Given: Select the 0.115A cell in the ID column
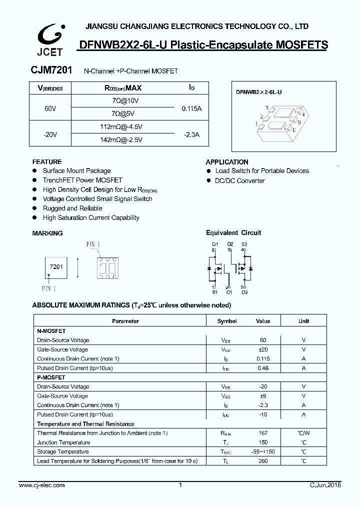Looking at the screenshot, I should click(x=191, y=108).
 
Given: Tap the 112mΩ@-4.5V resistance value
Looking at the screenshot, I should click(x=121, y=127).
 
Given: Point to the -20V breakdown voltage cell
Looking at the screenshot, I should click(x=50, y=134).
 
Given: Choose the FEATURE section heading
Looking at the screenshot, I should click(x=47, y=162).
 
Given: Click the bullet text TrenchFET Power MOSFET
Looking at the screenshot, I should click(x=82, y=180).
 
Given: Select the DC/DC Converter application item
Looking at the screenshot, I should click(x=239, y=180).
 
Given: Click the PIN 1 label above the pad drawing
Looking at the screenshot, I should click(x=93, y=244).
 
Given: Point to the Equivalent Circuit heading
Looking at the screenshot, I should click(x=233, y=233).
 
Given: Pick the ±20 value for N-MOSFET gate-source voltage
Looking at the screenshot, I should click(x=262, y=349).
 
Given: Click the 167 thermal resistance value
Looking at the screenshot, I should click(x=262, y=433).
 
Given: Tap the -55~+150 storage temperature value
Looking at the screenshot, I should click(x=262, y=451).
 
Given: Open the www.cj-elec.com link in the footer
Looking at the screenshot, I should click(x=41, y=485).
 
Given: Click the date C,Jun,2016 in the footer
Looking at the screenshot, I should click(x=325, y=485).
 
